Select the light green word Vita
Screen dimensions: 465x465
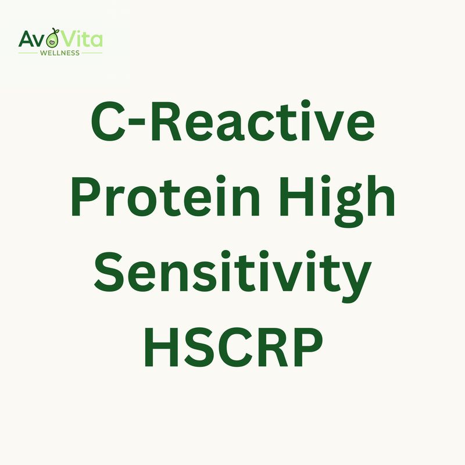(82, 40)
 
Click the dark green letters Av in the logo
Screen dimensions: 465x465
(33, 40)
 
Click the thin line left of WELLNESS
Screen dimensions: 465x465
(28, 53)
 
